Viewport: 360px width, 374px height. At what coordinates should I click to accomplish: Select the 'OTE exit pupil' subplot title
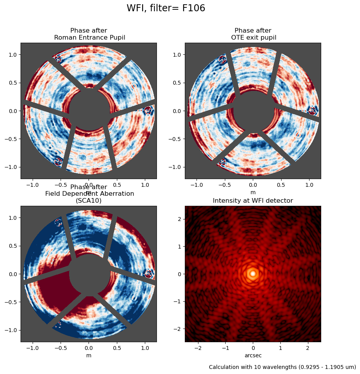pos(253,37)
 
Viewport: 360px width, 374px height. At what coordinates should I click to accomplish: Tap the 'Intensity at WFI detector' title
pos(253,200)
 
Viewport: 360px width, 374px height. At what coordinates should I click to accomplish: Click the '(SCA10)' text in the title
pos(89,200)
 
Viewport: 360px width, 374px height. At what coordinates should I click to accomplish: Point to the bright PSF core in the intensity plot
pos(253,273)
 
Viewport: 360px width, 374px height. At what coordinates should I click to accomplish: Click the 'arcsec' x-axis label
pos(253,355)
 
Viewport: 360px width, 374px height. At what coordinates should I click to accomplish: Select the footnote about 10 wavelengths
pos(282,367)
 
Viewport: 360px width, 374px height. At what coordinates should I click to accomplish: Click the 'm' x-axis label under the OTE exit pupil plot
pos(253,192)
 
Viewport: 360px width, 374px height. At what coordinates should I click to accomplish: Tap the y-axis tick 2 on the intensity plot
pos(179,219)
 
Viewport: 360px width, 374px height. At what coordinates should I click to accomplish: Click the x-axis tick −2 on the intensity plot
pos(198,348)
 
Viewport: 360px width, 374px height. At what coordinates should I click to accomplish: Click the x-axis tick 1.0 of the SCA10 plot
pos(145,348)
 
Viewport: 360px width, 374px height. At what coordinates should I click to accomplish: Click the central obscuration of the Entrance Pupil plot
pos(89,110)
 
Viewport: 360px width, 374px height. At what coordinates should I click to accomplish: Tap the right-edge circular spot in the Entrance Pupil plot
pos(148,111)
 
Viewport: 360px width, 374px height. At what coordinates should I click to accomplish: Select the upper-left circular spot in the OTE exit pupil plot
pos(223,59)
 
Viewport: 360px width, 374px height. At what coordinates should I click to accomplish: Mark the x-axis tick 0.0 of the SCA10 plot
pos(89,348)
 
